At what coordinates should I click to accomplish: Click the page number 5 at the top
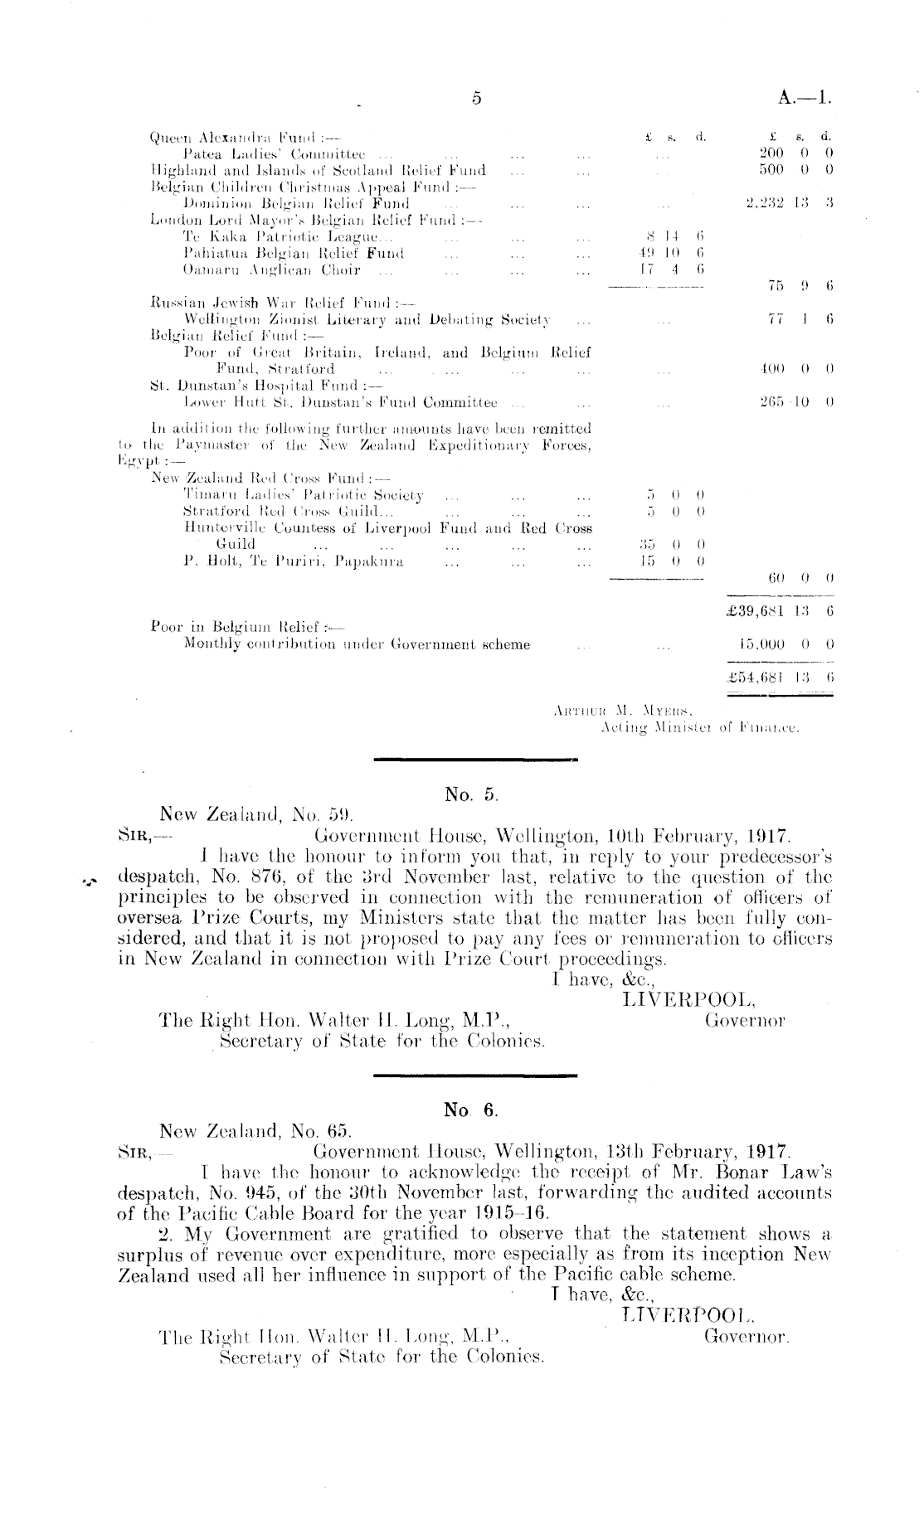click(476, 99)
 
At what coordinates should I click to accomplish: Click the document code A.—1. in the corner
click(805, 99)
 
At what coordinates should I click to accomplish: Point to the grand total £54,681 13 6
click(780, 678)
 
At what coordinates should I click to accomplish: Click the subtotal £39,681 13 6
click(780, 612)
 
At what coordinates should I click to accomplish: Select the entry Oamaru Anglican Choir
click(271, 270)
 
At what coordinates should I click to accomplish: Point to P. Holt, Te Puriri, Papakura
click(293, 561)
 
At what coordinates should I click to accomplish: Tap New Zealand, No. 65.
click(255, 1130)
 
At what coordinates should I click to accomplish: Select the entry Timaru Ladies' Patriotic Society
click(304, 496)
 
